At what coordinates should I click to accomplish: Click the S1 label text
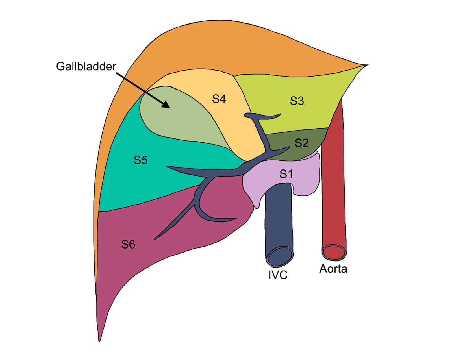[x=286, y=174]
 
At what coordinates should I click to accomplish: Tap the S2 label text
[x=301, y=143]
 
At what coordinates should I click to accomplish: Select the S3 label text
[x=297, y=101]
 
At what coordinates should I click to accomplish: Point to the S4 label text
[x=219, y=99]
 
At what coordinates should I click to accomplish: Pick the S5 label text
[x=140, y=160]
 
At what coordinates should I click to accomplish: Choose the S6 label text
[x=128, y=244]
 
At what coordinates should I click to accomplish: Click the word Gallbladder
[x=86, y=66]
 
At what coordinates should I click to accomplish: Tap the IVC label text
[x=278, y=275]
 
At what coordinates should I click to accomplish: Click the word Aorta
[x=333, y=269]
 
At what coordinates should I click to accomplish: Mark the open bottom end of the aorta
[x=334, y=252]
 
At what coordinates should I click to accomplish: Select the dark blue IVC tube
[x=278, y=220]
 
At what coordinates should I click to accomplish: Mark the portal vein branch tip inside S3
[x=280, y=114]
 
